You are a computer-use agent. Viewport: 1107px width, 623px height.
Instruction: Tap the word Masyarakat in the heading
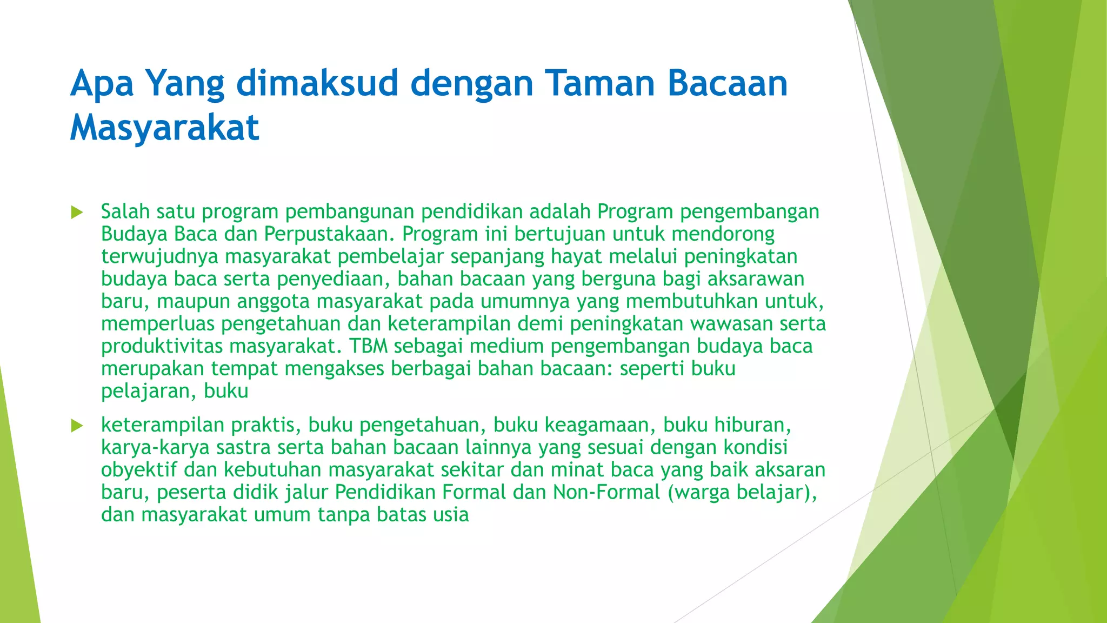(x=164, y=128)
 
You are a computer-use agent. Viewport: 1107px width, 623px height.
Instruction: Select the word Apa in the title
(x=102, y=84)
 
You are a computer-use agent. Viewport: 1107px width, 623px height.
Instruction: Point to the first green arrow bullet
(x=77, y=212)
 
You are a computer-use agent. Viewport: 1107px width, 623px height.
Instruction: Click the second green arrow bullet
(x=77, y=426)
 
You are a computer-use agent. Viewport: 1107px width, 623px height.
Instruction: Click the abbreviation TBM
(x=368, y=346)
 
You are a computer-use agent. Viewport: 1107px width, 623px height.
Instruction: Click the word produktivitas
(x=162, y=346)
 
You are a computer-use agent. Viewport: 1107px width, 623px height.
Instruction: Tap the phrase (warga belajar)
(x=742, y=492)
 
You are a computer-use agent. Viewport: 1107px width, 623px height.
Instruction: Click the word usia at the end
(x=450, y=514)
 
